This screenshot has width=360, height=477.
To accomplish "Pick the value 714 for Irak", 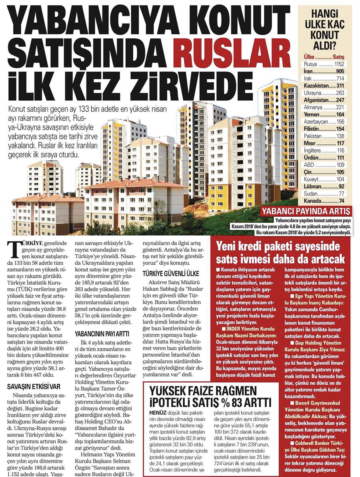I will point(339,78).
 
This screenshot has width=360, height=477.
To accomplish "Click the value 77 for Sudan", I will point(341,194).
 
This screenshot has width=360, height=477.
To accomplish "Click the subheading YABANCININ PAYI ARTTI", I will point(102,333).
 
